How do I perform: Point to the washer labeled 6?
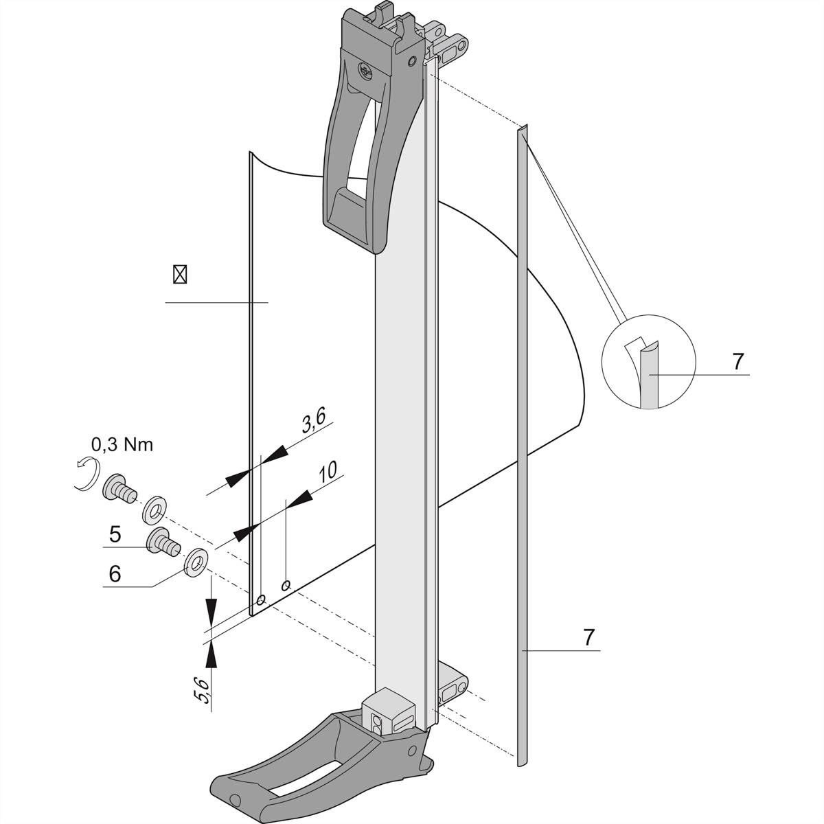pos(197,560)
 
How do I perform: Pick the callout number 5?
pos(116,533)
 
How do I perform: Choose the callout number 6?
pos(115,573)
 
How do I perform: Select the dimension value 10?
pos(328,471)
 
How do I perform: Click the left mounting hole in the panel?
pos(260,600)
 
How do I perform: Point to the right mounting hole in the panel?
pos(286,585)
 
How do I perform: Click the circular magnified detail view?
pos(648,362)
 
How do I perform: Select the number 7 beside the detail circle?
pos(737,361)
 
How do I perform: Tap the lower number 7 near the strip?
pos(588,637)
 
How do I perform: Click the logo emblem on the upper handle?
pos(365,70)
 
